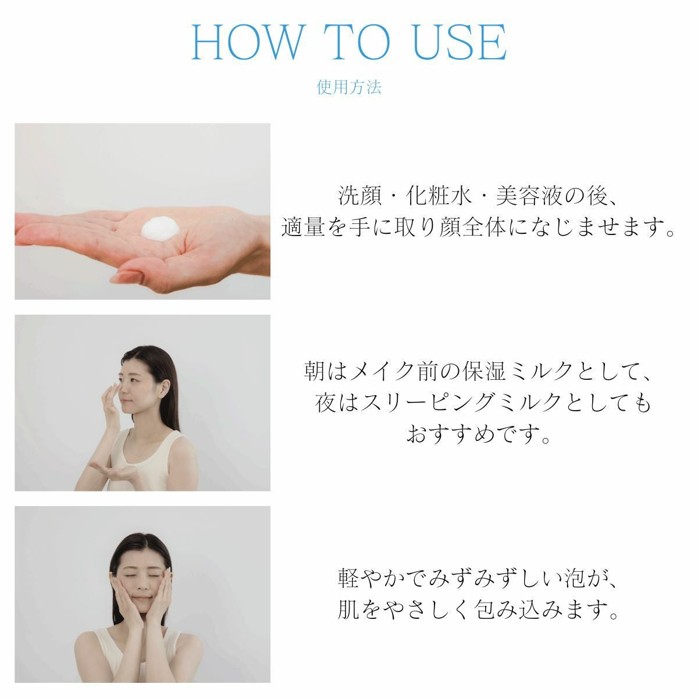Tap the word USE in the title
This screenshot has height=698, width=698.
459,42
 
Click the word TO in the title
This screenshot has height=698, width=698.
357,42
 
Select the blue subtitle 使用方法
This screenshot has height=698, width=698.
349,87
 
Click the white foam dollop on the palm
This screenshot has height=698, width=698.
160,228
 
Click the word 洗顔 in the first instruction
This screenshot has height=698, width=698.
359,196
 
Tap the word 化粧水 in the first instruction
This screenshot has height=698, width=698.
439,196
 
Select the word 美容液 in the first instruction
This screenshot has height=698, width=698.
529,196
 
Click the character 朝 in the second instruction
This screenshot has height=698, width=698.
314,371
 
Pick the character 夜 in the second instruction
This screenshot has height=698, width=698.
326,403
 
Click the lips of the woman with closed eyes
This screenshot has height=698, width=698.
142,599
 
